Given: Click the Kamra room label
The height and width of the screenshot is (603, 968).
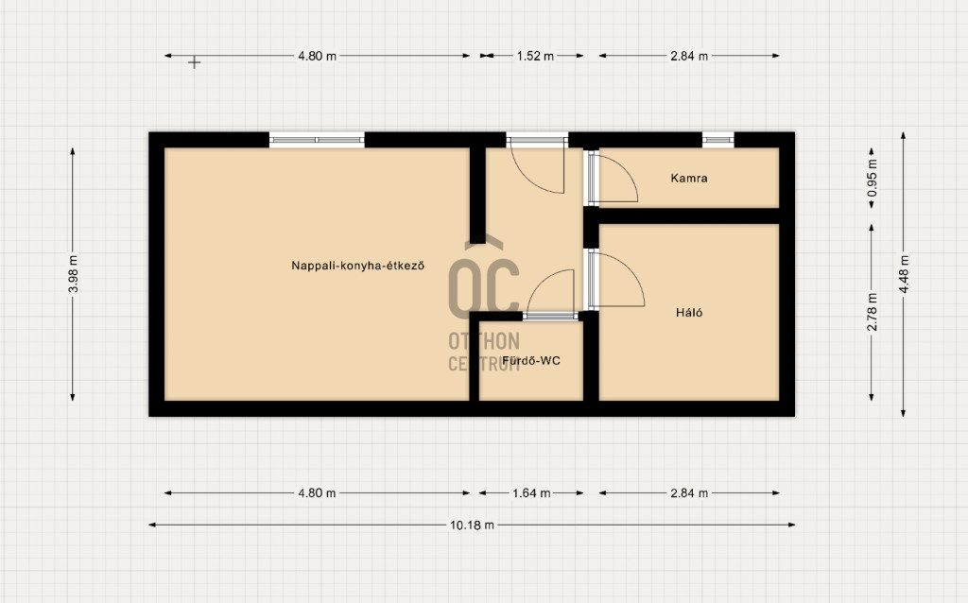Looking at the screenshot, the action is (x=689, y=179).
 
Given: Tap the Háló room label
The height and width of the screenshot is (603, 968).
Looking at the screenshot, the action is (x=689, y=312).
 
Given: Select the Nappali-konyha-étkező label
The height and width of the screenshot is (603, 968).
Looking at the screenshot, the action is (x=357, y=266).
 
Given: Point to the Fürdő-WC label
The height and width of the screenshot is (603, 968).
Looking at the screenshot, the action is (x=531, y=360).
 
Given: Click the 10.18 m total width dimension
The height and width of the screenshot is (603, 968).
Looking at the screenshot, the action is (x=472, y=525).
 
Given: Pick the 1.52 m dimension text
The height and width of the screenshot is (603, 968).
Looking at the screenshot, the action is (x=535, y=56).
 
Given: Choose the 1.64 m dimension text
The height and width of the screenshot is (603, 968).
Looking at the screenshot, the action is (x=531, y=493).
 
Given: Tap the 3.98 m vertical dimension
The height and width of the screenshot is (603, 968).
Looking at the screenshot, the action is (x=73, y=274).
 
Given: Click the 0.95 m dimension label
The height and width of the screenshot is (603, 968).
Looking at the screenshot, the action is (x=872, y=178).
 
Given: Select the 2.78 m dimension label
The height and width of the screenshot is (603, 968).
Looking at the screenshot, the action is (x=872, y=312).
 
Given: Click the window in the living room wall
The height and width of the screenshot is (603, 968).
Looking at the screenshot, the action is (x=317, y=140).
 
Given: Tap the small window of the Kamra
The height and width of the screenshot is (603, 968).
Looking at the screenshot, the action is (x=718, y=140).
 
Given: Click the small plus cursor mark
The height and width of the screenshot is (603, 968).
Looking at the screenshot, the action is (x=195, y=62).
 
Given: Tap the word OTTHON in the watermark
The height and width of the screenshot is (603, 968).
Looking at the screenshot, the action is (x=484, y=341).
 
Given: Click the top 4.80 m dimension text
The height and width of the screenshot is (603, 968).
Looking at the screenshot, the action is (x=318, y=56).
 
